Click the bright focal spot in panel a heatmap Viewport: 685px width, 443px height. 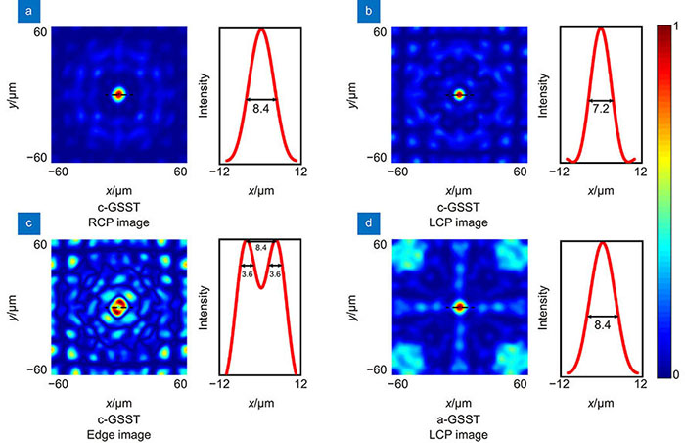(x=118, y=95)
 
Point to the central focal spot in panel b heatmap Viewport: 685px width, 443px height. (x=459, y=95)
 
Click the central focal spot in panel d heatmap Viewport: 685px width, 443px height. (x=459, y=307)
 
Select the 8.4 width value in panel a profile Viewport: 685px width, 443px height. (x=261, y=110)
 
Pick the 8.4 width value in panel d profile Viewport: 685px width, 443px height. (x=601, y=327)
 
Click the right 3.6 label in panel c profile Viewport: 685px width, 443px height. (x=277, y=275)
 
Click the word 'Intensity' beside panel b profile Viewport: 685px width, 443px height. (x=544, y=95)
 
